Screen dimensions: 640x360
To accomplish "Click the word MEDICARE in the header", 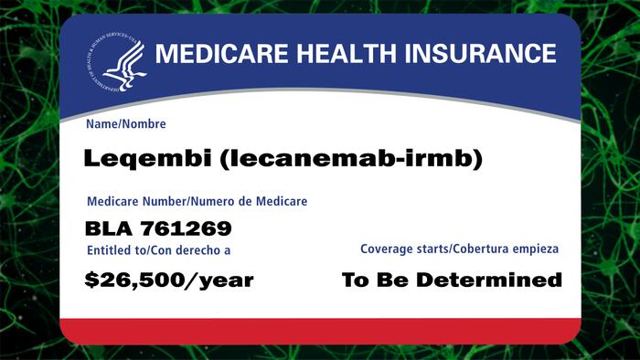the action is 221,53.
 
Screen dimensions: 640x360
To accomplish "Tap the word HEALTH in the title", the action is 347,53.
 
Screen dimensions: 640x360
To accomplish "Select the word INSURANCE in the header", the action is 480,53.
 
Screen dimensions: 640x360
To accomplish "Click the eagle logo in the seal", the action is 125,65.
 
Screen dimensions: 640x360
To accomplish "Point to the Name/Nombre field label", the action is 126,124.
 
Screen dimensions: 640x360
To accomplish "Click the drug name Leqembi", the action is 148,159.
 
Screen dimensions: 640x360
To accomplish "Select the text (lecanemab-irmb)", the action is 351,159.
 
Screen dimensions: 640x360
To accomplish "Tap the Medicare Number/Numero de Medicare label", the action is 197,201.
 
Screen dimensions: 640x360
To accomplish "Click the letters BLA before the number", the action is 109,228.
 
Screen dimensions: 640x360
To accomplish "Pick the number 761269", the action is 187,228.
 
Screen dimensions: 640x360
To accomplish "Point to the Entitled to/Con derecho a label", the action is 159,250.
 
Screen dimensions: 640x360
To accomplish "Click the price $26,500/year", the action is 169,281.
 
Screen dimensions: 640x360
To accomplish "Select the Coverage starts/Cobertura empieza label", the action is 459,249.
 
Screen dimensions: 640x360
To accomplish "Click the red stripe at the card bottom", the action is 320,331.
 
